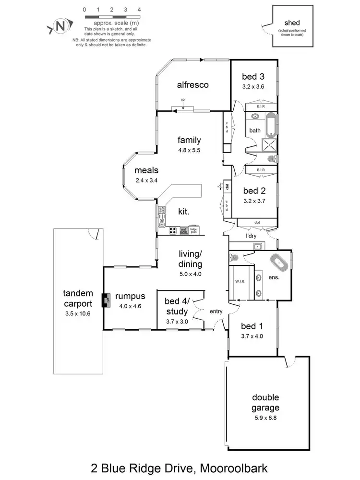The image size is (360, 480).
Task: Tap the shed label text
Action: click(292, 23)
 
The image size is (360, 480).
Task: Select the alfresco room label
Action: click(193, 85)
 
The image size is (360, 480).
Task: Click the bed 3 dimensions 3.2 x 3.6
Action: click(253, 86)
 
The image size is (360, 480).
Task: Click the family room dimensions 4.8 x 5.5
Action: click(189, 150)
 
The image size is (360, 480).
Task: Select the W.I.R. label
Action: click(240, 281)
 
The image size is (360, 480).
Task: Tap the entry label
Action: click(216, 312)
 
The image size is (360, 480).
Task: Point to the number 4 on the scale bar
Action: click(139, 10)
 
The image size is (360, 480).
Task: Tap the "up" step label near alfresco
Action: click(183, 100)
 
